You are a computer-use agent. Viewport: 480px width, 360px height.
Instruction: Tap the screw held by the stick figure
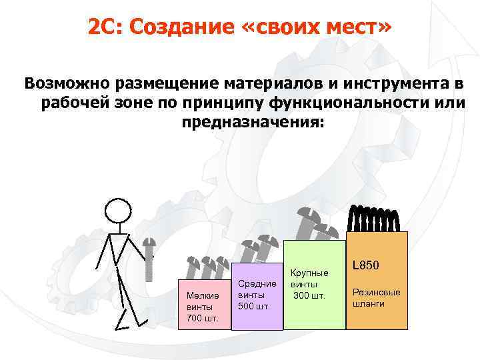click(x=150, y=260)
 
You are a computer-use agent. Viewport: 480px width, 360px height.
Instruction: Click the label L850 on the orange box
click(x=365, y=265)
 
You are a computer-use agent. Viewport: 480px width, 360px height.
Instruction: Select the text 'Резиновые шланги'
click(x=376, y=297)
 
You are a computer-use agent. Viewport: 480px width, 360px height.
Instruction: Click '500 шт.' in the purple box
click(x=254, y=307)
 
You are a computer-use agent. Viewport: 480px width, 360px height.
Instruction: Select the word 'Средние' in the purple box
click(x=257, y=284)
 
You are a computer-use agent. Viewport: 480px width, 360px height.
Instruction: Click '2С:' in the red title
click(x=105, y=28)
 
